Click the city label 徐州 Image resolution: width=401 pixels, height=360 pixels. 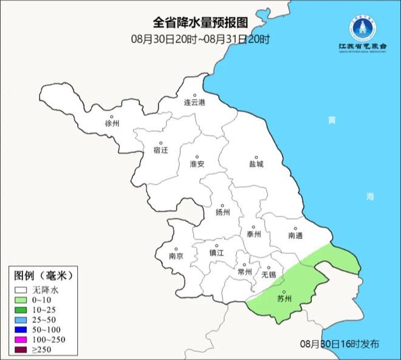[x=112, y=123]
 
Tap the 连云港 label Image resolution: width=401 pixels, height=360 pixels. [x=195, y=103]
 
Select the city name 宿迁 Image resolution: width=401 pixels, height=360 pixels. [x=162, y=150]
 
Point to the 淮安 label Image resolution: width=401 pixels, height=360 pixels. [x=196, y=164]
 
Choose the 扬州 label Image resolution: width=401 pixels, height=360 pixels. [x=223, y=212]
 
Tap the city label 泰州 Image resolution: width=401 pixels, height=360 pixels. [x=254, y=234]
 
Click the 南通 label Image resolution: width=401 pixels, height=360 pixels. [x=295, y=235]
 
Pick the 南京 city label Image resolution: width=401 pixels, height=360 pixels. [x=177, y=256]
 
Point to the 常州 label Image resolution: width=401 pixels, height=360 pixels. [x=245, y=272]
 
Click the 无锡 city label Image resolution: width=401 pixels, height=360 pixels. [x=268, y=274]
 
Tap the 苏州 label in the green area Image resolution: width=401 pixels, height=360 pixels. [x=284, y=299]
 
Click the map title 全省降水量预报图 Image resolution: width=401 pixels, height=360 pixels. [x=200, y=23]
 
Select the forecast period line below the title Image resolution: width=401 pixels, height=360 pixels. [x=200, y=39]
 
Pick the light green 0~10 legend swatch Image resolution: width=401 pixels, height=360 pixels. [x=22, y=300]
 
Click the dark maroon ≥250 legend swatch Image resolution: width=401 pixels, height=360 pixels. [x=22, y=350]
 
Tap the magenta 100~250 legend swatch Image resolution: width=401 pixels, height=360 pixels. [x=22, y=340]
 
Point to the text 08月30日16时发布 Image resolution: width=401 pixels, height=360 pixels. [x=340, y=344]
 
